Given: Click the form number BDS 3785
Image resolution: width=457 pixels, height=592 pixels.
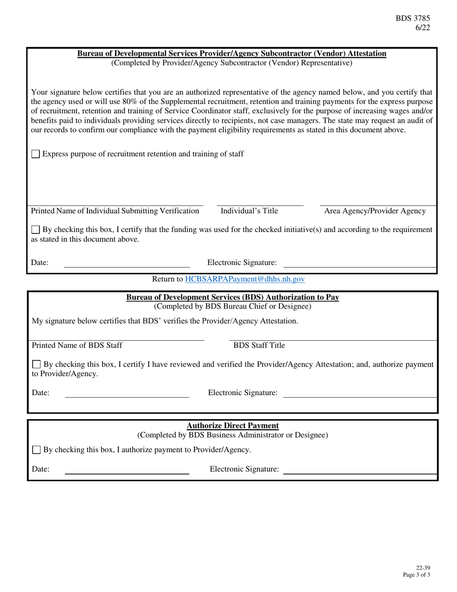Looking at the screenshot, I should point(413,19).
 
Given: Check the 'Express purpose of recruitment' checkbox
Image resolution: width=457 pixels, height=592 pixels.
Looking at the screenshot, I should point(36,154).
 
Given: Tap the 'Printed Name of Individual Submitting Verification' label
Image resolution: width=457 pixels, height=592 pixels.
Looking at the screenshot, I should point(115,211).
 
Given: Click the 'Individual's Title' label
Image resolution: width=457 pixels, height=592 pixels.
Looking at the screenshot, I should point(249,211).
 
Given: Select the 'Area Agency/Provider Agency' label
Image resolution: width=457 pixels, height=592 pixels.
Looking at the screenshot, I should point(375,211).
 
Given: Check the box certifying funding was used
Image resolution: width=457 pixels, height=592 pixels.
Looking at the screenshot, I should point(36,230).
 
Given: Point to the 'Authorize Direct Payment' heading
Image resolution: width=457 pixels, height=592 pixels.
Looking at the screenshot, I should point(232,425).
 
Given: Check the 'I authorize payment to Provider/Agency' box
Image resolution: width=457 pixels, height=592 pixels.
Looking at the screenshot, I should point(36,450).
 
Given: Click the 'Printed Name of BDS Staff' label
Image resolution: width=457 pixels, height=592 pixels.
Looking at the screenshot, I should point(77,346).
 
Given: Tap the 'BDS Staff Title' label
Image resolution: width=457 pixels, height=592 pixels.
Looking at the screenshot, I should point(259,346).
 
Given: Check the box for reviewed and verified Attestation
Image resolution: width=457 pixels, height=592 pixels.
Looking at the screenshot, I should point(36,365).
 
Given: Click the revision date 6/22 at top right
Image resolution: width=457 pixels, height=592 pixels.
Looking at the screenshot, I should point(423,27).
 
